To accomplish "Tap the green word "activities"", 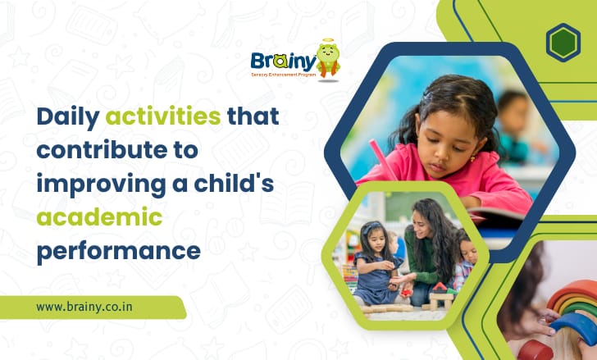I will (x=163, y=116).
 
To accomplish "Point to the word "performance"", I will (x=118, y=249).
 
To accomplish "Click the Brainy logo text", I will (x=283, y=62).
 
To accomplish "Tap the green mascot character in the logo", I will (x=328, y=59).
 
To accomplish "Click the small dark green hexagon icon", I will (x=563, y=43).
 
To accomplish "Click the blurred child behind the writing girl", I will (x=513, y=119).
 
